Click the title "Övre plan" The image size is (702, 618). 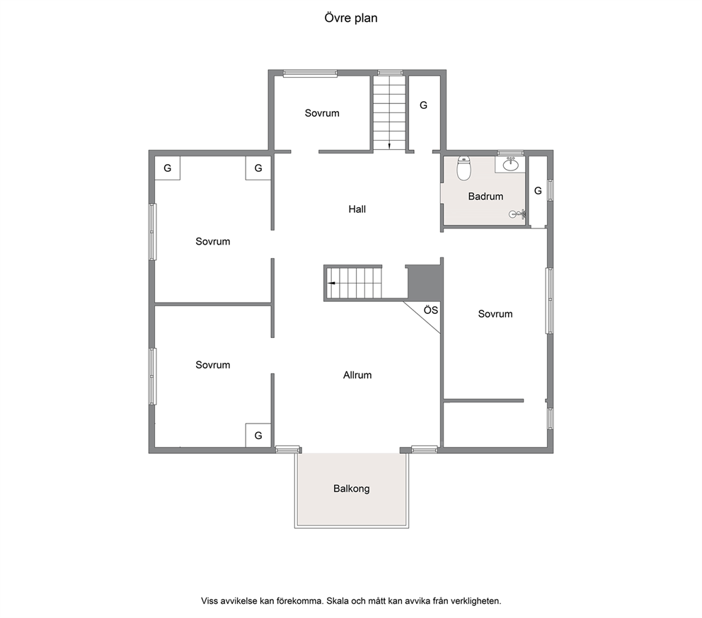pos(350,18)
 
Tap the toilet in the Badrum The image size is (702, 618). pos(464,168)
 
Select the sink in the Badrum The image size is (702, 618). pos(510,164)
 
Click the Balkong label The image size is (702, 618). pos(352,488)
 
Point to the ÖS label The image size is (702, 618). pos(431,310)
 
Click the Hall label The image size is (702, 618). pos(357,209)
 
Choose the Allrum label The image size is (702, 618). pos(357,375)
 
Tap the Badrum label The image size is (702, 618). pos(485,196)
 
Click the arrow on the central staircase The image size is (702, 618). pos(332,283)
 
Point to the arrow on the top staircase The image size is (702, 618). pos(389,145)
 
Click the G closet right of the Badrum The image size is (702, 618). pos(538,191)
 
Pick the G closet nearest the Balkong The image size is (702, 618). pos(258,435)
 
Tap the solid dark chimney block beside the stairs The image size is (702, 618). pos(424,282)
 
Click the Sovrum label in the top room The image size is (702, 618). pos(322,113)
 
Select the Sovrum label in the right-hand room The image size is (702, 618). pos(495,314)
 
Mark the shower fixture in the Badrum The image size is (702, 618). pos(517,214)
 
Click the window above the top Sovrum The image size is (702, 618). pos(310,74)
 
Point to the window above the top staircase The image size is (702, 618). pos(390,73)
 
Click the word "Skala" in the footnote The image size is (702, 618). pos(338,601)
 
